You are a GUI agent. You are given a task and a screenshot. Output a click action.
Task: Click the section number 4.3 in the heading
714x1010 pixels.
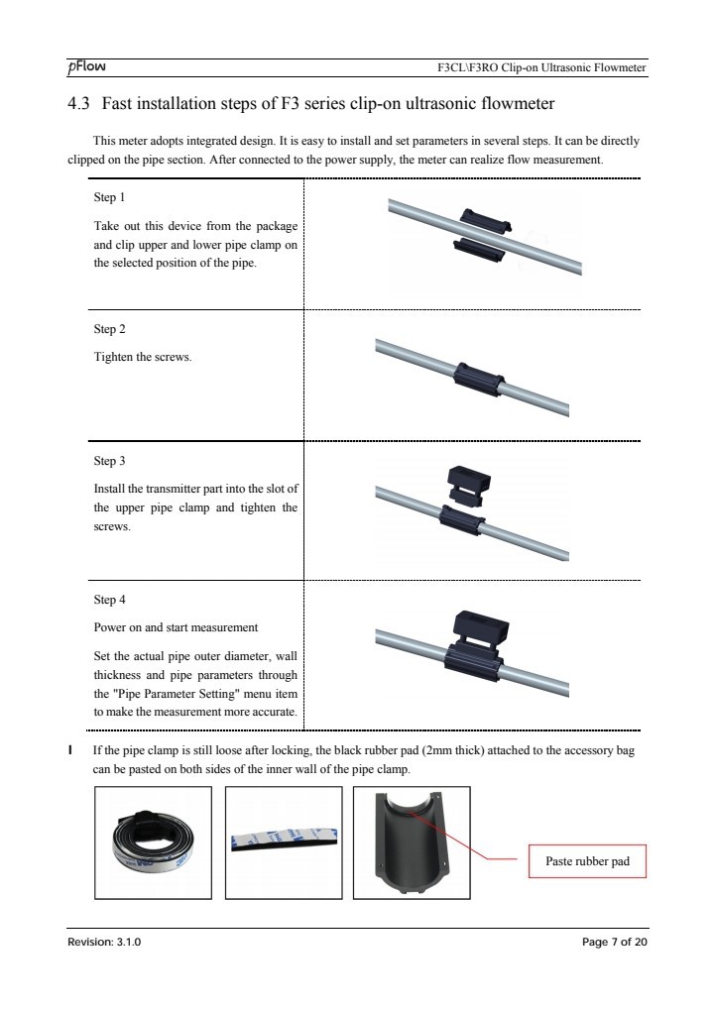click(78, 104)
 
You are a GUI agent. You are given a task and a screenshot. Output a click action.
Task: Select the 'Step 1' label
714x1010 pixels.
click(109, 197)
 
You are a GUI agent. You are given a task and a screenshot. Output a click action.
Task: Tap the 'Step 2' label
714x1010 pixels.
click(109, 329)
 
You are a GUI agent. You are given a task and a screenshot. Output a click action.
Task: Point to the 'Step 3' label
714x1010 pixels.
click(109, 461)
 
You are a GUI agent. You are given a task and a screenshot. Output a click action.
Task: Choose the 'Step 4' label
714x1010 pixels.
click(109, 600)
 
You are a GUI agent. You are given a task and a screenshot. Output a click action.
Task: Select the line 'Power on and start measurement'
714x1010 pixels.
click(176, 627)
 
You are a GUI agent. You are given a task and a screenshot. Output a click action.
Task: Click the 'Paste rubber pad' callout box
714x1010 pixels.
click(587, 861)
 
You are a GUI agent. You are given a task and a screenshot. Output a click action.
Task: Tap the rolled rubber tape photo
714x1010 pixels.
click(154, 842)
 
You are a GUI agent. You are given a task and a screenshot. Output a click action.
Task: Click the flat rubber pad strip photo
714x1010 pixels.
click(284, 842)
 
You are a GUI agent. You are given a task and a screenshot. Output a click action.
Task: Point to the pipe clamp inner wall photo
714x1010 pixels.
click(411, 842)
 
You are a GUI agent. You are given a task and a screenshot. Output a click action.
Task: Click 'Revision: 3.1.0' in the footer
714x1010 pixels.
click(104, 942)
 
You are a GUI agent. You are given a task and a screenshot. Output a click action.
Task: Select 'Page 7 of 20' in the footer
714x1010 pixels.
click(614, 942)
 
